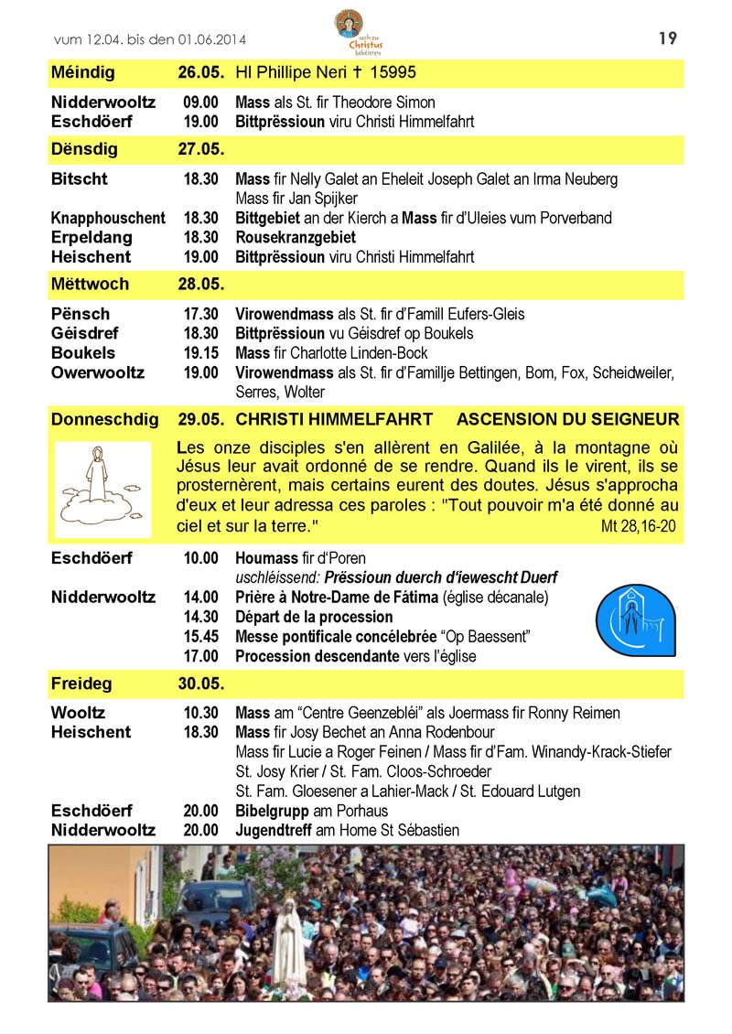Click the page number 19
pos(667,38)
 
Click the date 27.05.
pos(201,148)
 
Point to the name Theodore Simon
pos(382,102)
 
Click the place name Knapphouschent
pos(108,218)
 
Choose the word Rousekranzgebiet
pos(296,238)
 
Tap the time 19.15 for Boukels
pos(201,353)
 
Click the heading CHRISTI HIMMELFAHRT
pos(334,420)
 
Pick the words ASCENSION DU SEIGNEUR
pos(567,420)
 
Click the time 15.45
pos(201,637)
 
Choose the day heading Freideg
pos(78,684)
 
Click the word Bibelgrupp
pos(272,811)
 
